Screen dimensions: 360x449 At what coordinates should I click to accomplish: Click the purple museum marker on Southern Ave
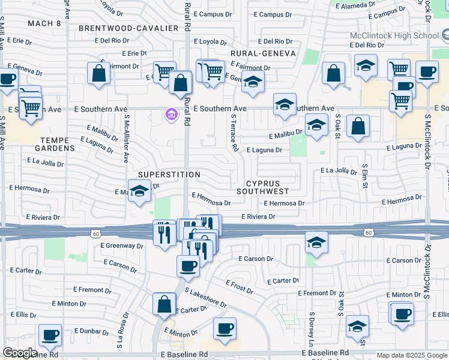click(171, 114)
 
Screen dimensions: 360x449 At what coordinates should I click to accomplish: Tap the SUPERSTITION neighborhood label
click(169, 175)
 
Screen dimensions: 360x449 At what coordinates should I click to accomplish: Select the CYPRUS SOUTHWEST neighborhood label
click(267, 187)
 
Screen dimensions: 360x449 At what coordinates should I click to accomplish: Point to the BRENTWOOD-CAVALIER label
click(129, 28)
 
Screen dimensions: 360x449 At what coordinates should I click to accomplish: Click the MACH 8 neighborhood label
click(44, 23)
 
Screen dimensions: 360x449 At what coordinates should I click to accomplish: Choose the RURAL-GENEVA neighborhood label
click(264, 53)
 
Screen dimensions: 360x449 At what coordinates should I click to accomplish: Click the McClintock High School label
click(394, 35)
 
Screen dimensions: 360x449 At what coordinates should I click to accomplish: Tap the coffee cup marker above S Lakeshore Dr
click(188, 265)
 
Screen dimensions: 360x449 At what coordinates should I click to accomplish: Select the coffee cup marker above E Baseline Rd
click(224, 328)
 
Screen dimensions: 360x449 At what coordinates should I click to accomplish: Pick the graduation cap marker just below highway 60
click(316, 242)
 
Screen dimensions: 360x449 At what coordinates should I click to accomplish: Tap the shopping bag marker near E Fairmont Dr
click(99, 74)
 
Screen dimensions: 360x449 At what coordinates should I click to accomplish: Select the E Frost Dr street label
click(239, 287)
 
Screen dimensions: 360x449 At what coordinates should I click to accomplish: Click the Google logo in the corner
click(20, 353)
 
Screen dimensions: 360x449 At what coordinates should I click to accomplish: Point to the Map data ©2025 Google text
click(411, 355)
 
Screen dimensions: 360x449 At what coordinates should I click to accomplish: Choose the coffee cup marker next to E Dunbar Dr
click(50, 334)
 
